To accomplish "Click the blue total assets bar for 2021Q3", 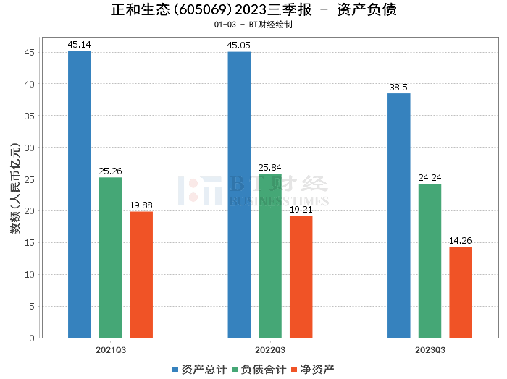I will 79,195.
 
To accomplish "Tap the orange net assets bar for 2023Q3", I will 461,292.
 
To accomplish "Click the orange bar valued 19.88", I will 141,275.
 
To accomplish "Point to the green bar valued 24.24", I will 430,260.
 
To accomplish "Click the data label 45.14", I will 79,45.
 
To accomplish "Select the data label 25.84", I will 269,168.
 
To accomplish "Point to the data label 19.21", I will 301,210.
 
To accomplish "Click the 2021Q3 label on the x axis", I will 110,350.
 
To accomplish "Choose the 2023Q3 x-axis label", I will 430,350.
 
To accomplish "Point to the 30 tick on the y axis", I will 30,148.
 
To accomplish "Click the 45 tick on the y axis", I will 30,52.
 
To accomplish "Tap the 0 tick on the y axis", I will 32,338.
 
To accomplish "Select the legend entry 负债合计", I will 259,370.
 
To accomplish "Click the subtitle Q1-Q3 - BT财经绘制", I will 253,25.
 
